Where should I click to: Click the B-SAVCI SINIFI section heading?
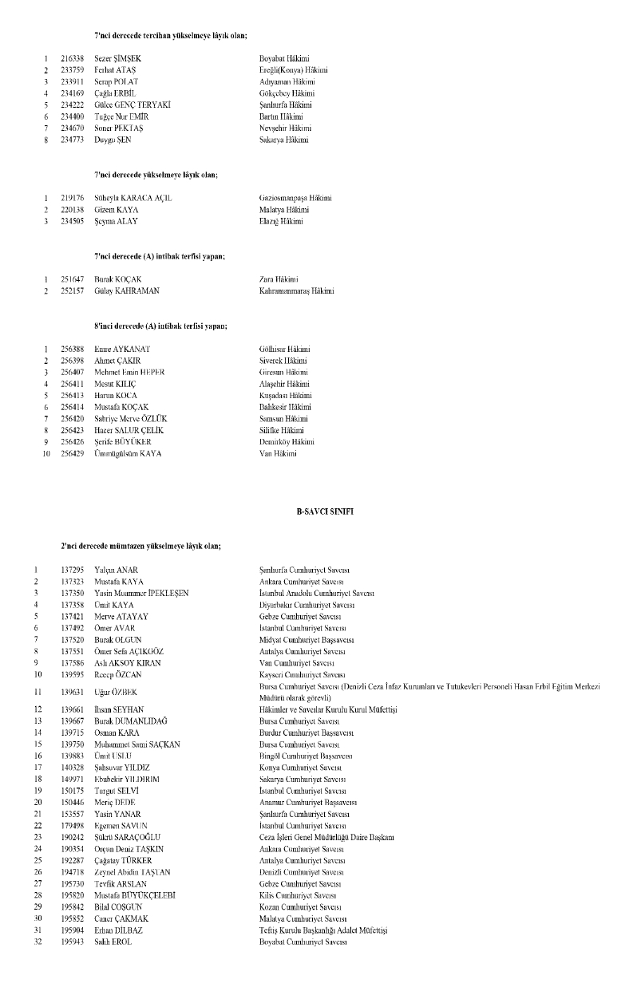point(319,510)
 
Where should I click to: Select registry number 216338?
point(73,59)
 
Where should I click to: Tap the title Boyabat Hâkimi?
point(285,59)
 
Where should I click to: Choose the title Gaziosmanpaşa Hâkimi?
point(295,198)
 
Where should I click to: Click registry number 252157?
point(73,291)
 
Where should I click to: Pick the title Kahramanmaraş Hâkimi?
point(296,291)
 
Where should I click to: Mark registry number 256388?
point(73,349)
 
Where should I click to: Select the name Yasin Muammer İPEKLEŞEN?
point(141,593)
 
